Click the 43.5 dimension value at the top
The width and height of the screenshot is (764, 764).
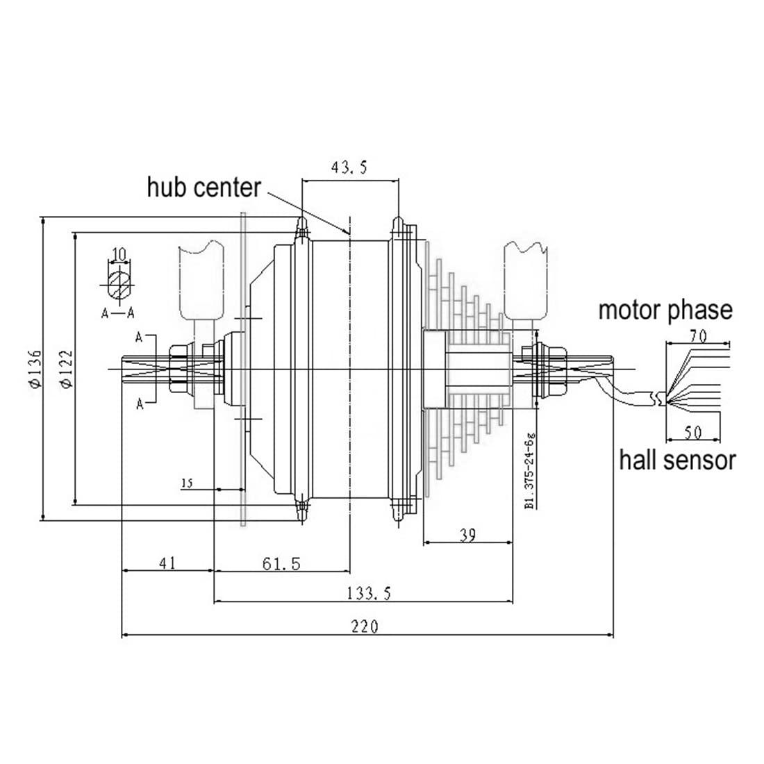(350, 168)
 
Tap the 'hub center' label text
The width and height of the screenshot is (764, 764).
(204, 188)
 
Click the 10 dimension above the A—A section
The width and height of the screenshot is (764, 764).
(119, 254)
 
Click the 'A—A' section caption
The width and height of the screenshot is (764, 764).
(118, 313)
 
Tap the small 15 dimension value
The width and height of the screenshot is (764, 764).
(187, 483)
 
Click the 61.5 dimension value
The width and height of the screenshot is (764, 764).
(281, 563)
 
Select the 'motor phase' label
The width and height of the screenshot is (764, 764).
(665, 310)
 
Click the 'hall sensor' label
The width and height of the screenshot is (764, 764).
(676, 459)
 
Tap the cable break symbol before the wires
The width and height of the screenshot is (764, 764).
(654, 398)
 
